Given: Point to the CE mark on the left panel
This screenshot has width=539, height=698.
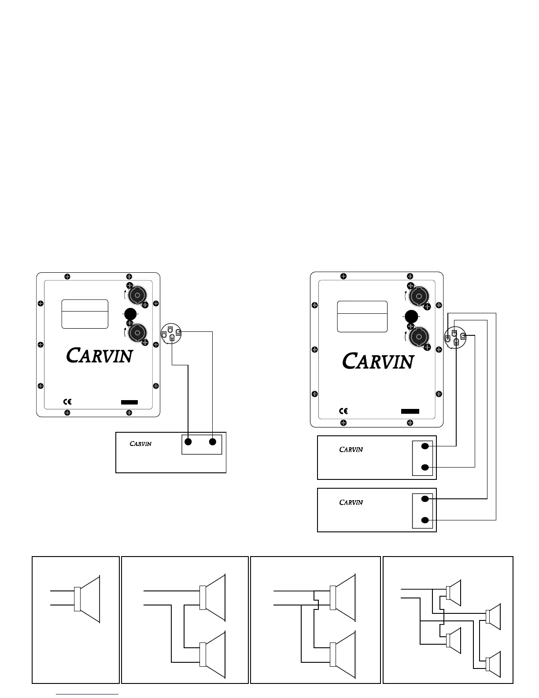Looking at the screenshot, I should click(x=67, y=401).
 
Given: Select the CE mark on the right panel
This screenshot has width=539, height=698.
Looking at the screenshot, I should click(x=343, y=411).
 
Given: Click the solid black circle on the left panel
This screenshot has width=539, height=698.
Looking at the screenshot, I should click(x=130, y=314).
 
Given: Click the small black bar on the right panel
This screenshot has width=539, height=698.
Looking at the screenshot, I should click(x=410, y=411).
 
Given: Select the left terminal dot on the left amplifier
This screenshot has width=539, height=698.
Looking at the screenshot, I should click(x=188, y=442).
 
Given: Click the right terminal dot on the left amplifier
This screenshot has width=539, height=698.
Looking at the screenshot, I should click(x=213, y=442).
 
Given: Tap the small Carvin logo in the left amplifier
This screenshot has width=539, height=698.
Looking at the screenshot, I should click(x=140, y=443).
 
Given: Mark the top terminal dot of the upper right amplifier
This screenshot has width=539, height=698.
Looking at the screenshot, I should click(x=425, y=446).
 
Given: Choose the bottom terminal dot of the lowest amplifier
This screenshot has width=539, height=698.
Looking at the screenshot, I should click(x=425, y=520).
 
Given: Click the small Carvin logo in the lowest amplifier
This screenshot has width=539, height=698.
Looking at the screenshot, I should click(x=351, y=502).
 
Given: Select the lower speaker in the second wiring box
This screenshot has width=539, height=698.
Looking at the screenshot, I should click(x=213, y=655).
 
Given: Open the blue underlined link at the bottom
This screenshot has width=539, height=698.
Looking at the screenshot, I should click(x=88, y=694).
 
